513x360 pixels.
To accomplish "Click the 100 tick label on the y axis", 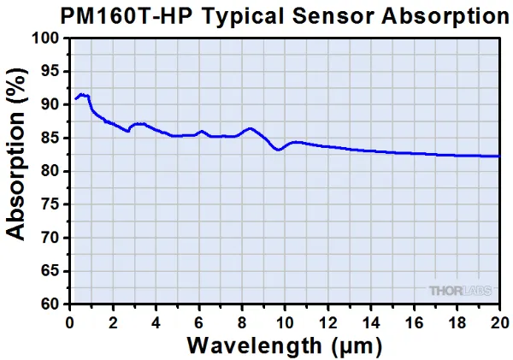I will [x=46, y=38].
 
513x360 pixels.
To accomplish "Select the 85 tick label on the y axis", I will [x=50, y=138].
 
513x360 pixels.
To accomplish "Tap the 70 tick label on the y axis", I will [x=50, y=238].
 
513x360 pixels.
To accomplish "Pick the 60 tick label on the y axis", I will [x=50, y=304].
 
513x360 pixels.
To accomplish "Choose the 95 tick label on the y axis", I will [x=50, y=72].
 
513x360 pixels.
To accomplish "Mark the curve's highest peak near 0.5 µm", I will [x=80, y=94].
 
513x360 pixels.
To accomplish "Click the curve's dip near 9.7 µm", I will [x=278, y=150].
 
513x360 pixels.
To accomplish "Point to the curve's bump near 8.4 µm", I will [x=251, y=129].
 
